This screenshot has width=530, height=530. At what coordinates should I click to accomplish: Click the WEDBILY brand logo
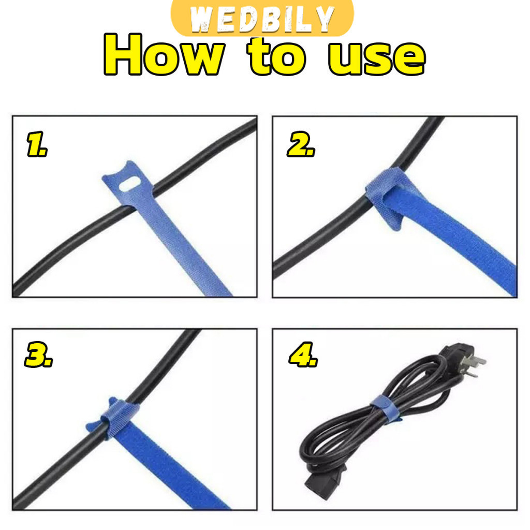pyautogui.click(x=262, y=18)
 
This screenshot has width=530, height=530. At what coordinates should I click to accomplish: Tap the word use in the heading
pyautogui.click(x=376, y=57)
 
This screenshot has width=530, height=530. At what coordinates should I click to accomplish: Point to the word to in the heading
pyautogui.click(x=276, y=56)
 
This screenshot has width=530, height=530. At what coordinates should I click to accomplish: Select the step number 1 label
pyautogui.click(x=37, y=144)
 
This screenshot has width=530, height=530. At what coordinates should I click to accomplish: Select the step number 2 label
pyautogui.click(x=301, y=144)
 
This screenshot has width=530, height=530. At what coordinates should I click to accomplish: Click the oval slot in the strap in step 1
pyautogui.click(x=130, y=184)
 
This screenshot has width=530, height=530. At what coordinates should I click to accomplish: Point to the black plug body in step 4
pyautogui.click(x=454, y=355)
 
